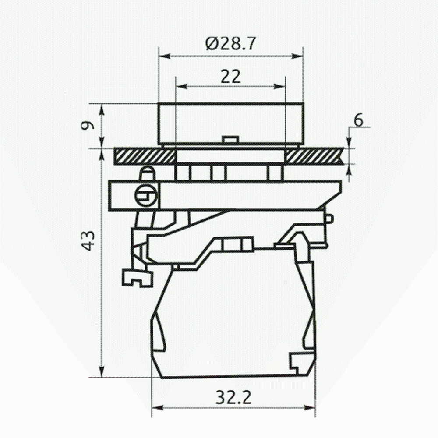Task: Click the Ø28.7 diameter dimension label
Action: tap(230, 44)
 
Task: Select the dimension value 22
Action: tap(231, 77)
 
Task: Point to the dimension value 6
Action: tap(358, 120)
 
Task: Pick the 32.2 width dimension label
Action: tap(233, 397)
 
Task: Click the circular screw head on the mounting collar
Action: tap(146, 195)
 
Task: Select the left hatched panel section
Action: tap(145, 156)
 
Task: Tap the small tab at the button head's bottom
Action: tap(230, 140)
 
